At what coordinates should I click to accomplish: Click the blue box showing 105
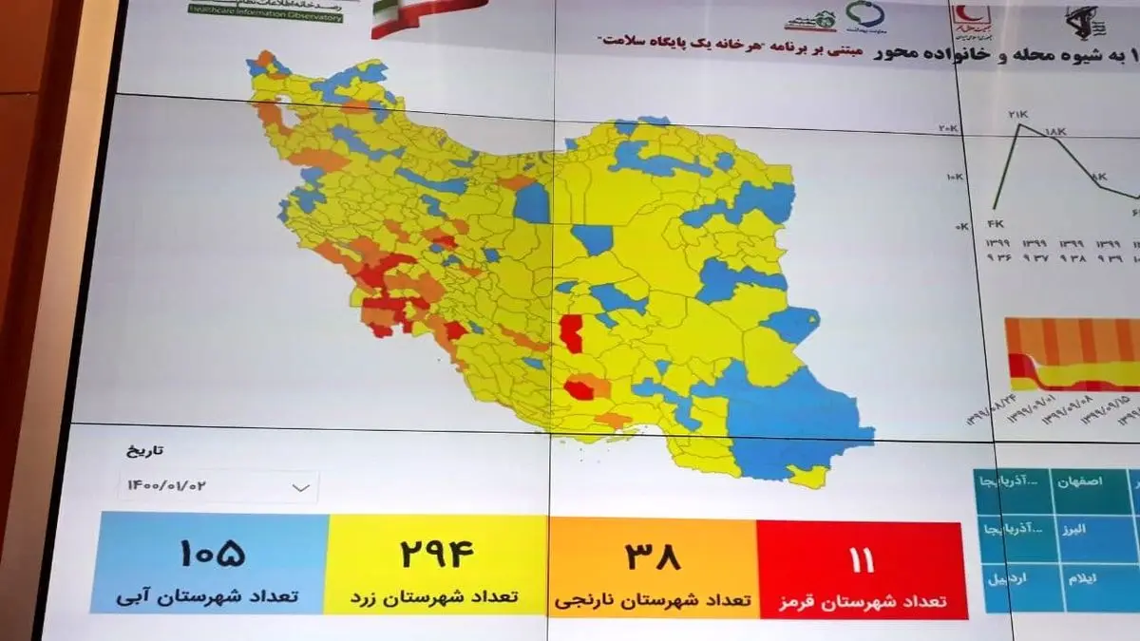[209, 565]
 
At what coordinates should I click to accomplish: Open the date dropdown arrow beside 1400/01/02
[301, 487]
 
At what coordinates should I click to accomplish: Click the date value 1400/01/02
[166, 485]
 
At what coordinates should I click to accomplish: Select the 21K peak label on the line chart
[1018, 115]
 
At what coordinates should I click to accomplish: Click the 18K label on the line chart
[1056, 131]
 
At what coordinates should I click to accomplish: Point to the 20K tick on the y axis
[948, 128]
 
